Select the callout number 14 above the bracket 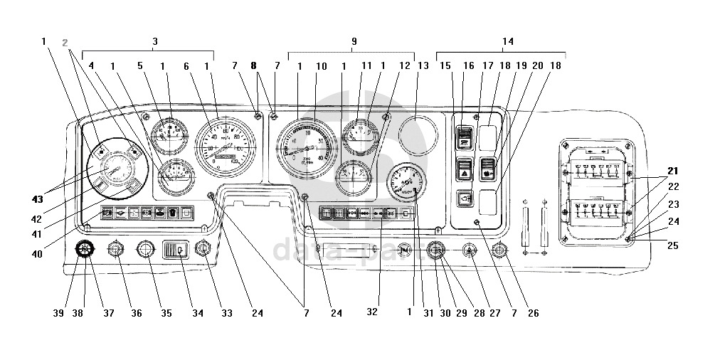507,41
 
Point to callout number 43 36,197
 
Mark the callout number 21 672,171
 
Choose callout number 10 322,66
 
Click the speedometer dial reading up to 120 226,144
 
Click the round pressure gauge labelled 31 408,182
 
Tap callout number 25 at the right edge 672,245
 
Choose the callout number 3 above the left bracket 155,41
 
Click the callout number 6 186,66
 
